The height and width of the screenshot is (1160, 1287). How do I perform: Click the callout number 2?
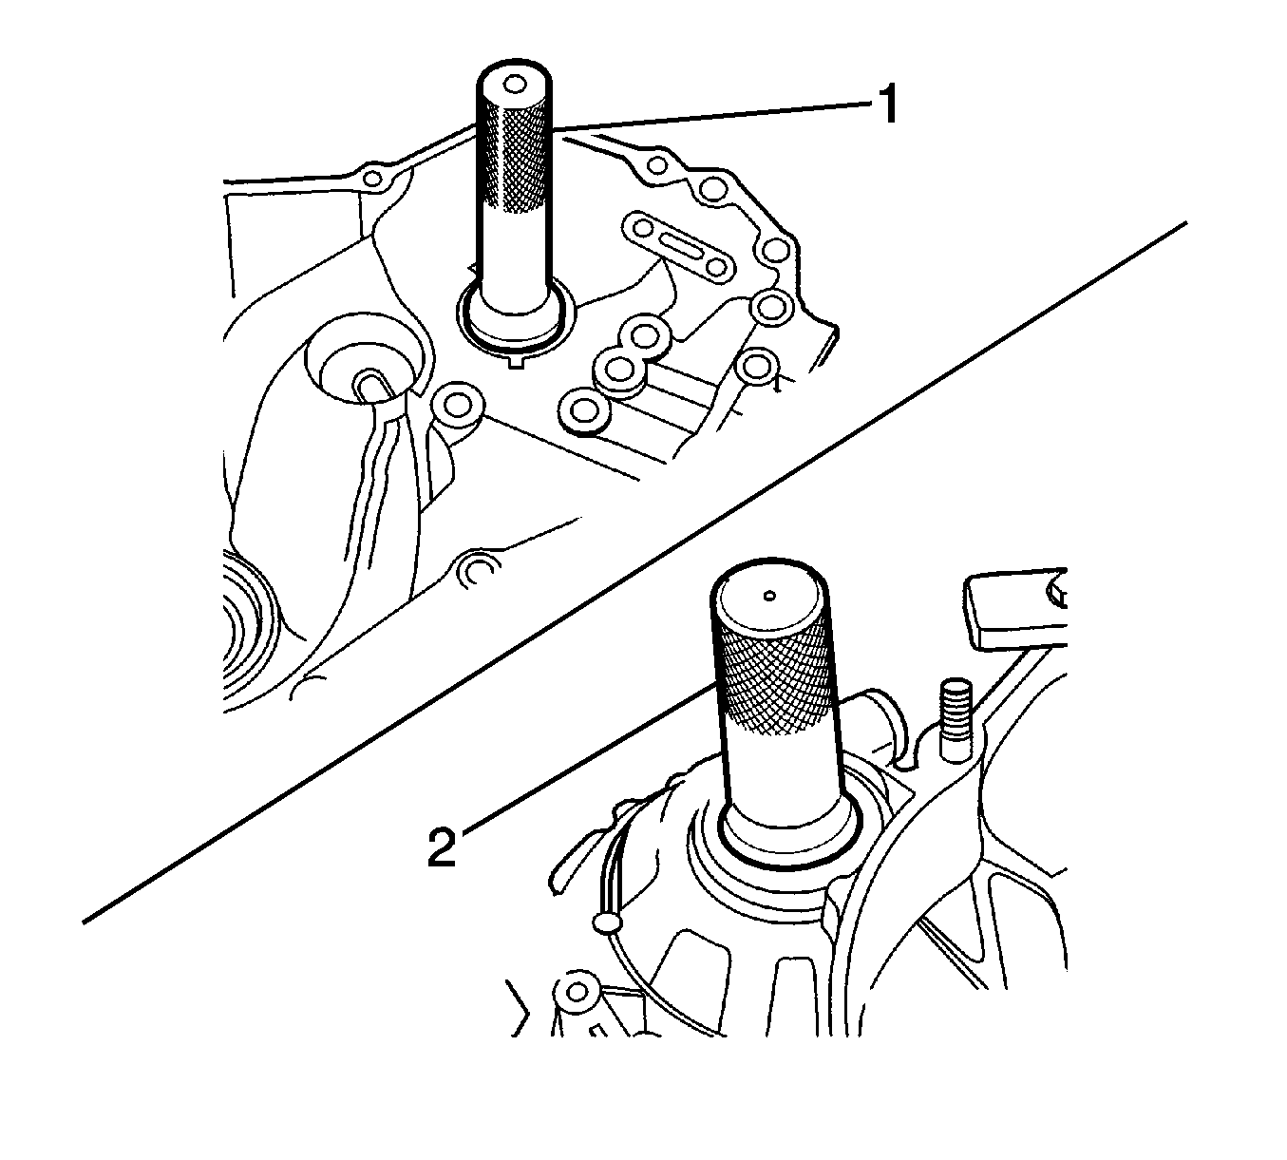[x=442, y=847]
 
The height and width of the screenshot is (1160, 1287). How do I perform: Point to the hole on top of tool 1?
[x=515, y=85]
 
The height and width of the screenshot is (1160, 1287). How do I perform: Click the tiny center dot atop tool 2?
[x=770, y=596]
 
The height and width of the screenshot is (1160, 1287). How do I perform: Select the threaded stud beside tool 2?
[x=956, y=721]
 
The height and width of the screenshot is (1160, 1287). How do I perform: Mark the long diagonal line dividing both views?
[x=635, y=572]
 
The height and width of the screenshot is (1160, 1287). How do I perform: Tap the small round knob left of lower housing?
[x=606, y=923]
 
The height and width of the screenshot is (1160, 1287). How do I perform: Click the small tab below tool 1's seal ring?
[x=517, y=363]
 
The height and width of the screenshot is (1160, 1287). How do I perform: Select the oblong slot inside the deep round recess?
[x=370, y=388]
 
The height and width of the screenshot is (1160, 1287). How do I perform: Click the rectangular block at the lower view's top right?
[x=1013, y=608]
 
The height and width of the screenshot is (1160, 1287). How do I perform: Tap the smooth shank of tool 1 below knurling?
[x=514, y=251]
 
